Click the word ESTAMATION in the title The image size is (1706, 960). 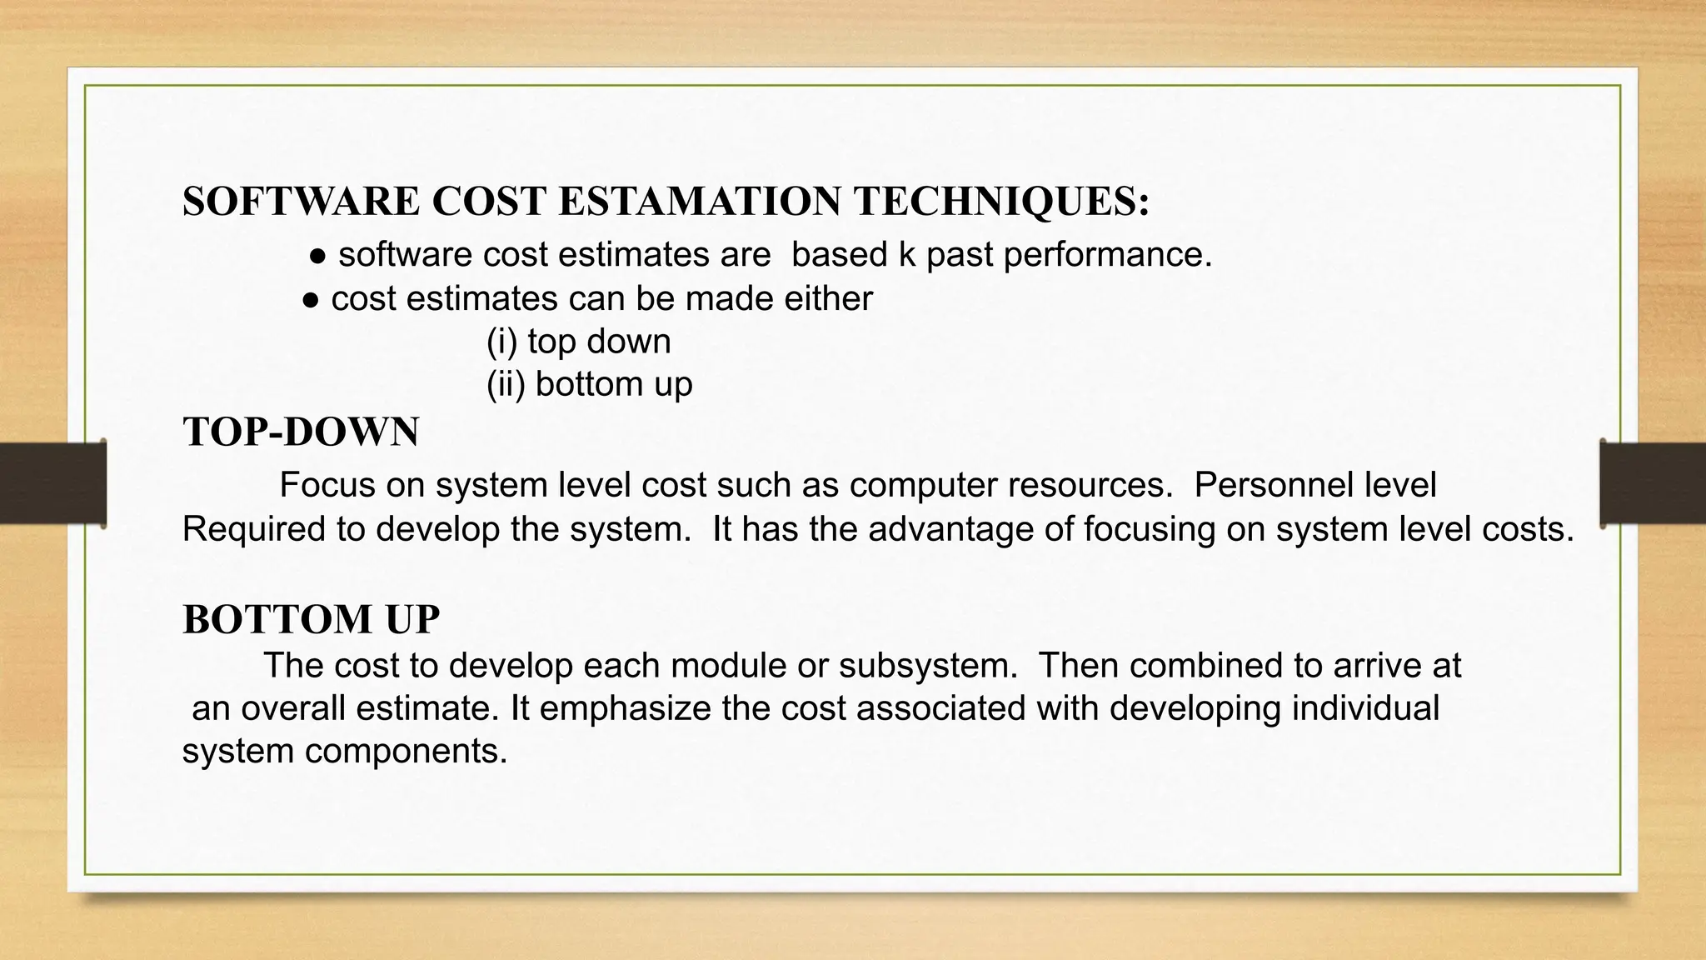(699, 202)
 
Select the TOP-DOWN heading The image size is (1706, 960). (301, 432)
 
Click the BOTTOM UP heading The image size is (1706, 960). (311, 619)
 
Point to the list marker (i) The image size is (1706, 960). (502, 342)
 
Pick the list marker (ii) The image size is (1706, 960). (506, 384)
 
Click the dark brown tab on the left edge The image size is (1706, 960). (52, 483)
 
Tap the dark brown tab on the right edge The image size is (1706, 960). (1653, 483)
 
